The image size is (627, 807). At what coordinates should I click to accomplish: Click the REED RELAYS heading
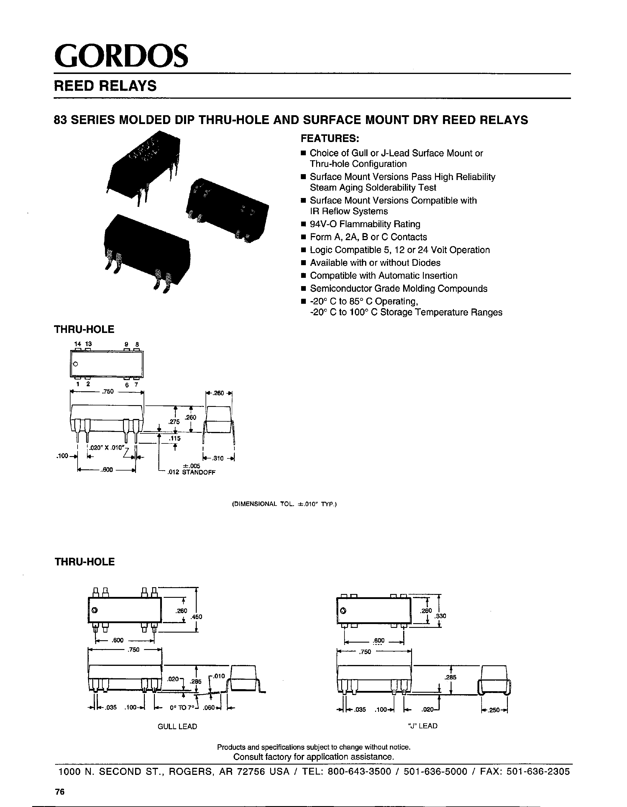click(x=105, y=86)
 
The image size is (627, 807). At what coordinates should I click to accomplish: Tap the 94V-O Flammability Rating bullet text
click(x=365, y=224)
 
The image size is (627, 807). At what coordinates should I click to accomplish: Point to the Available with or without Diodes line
click(x=375, y=263)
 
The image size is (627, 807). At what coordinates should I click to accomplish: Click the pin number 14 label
click(x=77, y=344)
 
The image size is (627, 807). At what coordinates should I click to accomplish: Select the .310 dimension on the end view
click(x=218, y=458)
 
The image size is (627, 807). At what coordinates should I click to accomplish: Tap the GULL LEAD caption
click(x=177, y=727)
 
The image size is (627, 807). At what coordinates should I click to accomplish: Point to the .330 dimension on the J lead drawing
click(x=441, y=616)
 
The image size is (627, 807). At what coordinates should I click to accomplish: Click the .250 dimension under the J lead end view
click(x=495, y=709)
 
